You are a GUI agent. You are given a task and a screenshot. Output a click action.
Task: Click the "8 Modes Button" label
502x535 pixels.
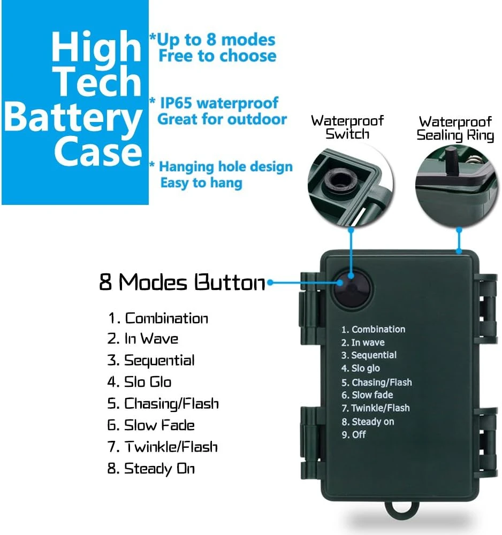tap(182, 282)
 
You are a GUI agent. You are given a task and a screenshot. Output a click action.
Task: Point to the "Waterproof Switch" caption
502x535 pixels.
tap(347, 127)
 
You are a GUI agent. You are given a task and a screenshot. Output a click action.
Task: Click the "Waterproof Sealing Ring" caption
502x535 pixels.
tap(455, 128)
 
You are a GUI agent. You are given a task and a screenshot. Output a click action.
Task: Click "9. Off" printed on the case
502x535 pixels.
tap(354, 434)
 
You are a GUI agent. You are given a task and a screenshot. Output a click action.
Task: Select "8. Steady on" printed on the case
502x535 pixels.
tap(368, 422)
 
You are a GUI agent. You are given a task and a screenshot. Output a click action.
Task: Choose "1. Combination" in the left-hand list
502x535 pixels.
tap(158, 318)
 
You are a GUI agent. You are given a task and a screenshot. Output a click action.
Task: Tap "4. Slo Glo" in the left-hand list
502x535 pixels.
tap(139, 382)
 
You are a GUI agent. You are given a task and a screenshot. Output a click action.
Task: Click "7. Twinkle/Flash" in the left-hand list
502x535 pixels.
tap(163, 447)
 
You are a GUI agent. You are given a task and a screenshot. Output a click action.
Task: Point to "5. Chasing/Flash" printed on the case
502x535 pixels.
tap(377, 382)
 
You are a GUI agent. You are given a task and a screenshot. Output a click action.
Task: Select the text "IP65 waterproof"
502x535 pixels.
tap(219, 103)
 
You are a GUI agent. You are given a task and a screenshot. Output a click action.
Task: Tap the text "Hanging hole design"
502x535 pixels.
tap(226, 167)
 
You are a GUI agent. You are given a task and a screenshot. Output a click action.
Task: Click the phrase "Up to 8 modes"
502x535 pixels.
tap(216, 40)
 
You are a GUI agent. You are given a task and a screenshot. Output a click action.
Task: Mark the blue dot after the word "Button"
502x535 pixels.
tap(270, 282)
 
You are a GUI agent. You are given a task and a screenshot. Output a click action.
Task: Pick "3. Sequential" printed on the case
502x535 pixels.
tap(369, 355)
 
